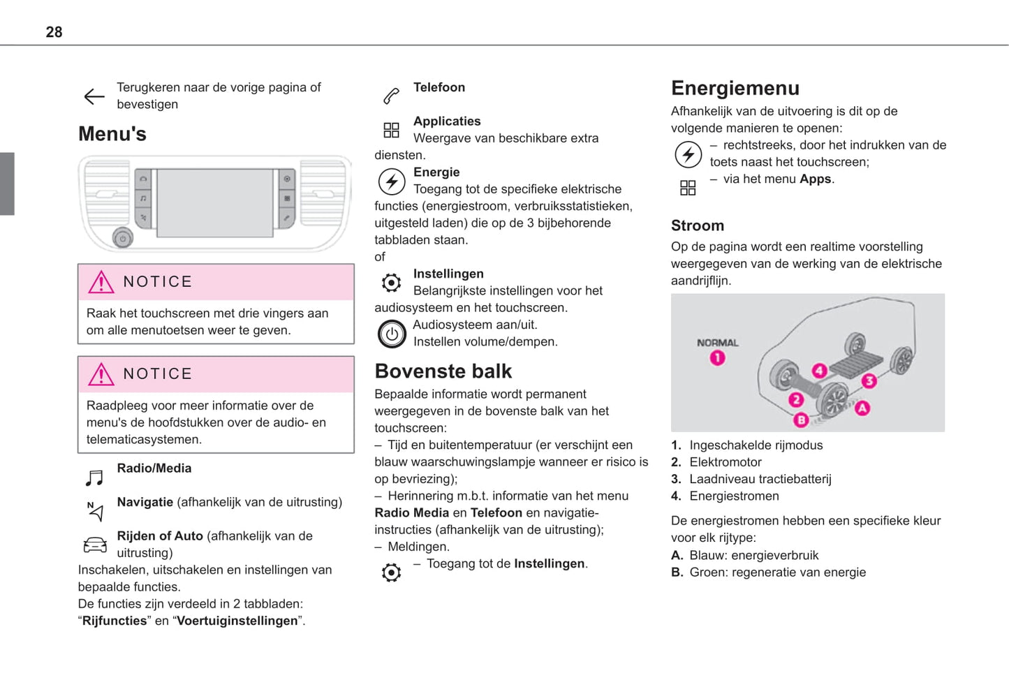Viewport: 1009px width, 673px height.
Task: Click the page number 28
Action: pyautogui.click(x=54, y=32)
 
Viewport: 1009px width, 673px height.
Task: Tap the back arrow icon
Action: pyautogui.click(x=94, y=96)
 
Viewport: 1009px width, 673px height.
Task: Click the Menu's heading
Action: pyautogui.click(x=112, y=134)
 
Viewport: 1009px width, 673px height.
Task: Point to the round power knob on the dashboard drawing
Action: pyautogui.click(x=123, y=238)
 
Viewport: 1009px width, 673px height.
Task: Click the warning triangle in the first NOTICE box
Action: pyautogui.click(x=101, y=282)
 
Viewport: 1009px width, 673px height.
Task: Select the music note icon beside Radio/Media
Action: pyautogui.click(x=94, y=478)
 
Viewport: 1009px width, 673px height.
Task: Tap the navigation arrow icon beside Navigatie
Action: pyautogui.click(x=96, y=511)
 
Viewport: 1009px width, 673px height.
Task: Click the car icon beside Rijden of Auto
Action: pyautogui.click(x=95, y=545)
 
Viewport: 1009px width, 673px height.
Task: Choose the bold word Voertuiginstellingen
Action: pyautogui.click(x=237, y=621)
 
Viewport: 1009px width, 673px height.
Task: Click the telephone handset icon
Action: pyautogui.click(x=391, y=96)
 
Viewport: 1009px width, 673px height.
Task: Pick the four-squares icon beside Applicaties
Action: pyautogui.click(x=391, y=130)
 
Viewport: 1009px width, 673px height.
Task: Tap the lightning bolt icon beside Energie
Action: pyautogui.click(x=391, y=182)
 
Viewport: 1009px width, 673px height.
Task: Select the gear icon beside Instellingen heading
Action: pyautogui.click(x=391, y=283)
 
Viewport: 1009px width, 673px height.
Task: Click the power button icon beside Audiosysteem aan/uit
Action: pyautogui.click(x=392, y=334)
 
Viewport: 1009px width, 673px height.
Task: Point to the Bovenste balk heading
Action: pyautogui.click(x=443, y=371)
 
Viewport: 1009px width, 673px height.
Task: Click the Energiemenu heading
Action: pyautogui.click(x=735, y=88)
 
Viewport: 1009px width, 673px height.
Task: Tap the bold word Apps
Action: pyautogui.click(x=815, y=179)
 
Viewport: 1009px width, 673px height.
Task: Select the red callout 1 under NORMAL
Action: pyautogui.click(x=717, y=358)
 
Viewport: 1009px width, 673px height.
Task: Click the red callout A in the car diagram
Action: pyautogui.click(x=862, y=408)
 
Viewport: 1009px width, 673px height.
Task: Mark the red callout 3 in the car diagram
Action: pyautogui.click(x=869, y=380)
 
